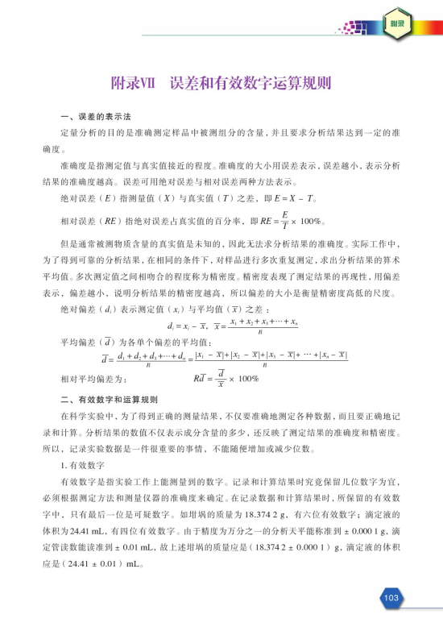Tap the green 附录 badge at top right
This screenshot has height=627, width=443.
point(396,26)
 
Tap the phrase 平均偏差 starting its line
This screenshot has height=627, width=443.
point(77,342)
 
